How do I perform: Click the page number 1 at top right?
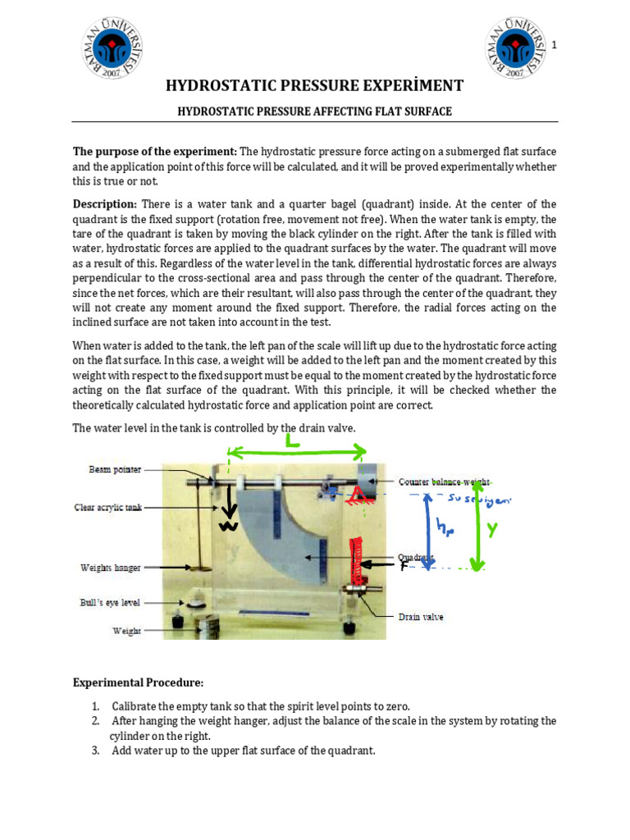(x=555, y=44)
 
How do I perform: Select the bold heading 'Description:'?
(x=105, y=203)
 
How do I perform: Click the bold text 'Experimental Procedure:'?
(x=138, y=682)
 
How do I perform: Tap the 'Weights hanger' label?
(x=111, y=567)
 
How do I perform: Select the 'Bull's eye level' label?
(x=110, y=602)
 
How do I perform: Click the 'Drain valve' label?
(x=421, y=616)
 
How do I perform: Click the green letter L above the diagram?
(x=291, y=441)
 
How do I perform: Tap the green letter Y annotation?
(x=492, y=530)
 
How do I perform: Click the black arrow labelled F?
(x=382, y=564)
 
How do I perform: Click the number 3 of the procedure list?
(x=95, y=750)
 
